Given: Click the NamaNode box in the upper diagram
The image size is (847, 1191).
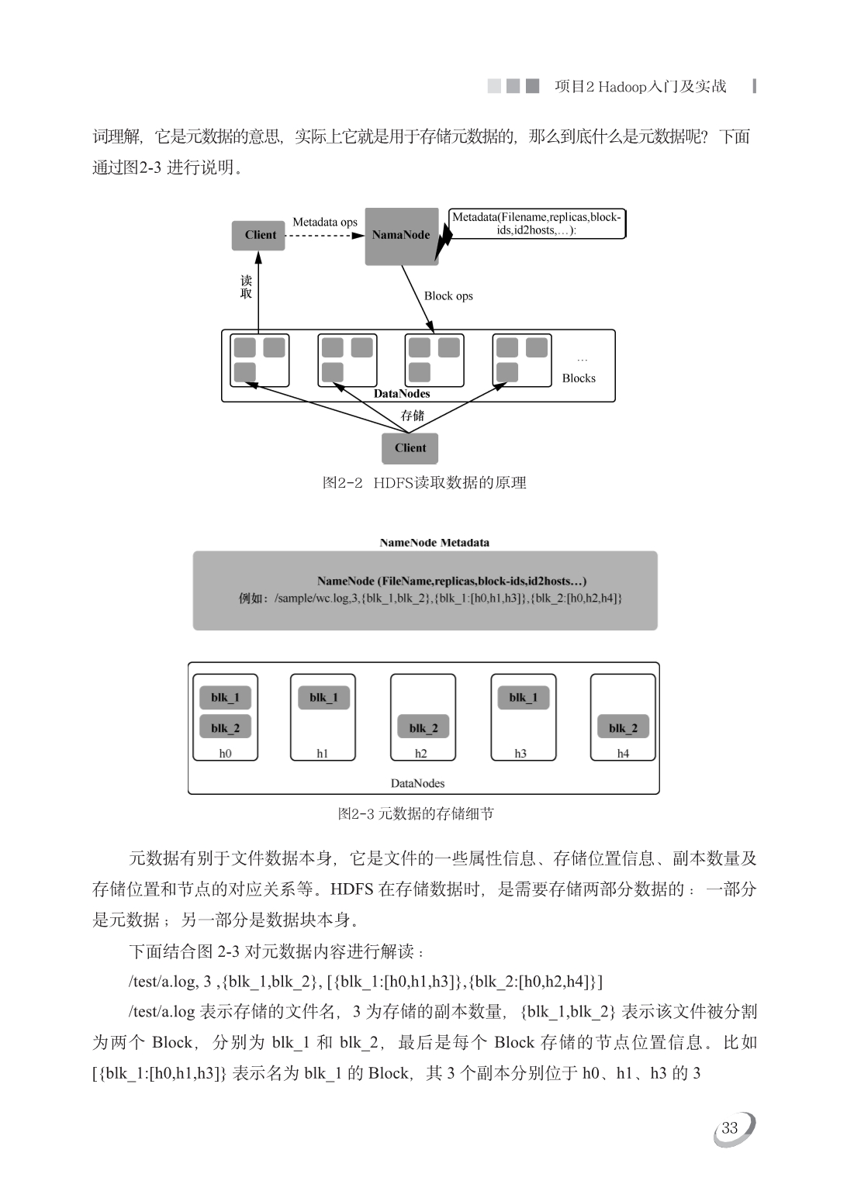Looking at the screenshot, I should pyautogui.click(x=401, y=236).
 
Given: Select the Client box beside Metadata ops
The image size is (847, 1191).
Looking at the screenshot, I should pyautogui.click(x=259, y=235).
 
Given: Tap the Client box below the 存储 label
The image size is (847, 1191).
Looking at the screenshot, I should pyautogui.click(x=410, y=448).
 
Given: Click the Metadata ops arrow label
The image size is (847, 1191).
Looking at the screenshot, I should pyautogui.click(x=325, y=223).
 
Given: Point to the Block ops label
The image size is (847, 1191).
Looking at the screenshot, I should pyautogui.click(x=448, y=295).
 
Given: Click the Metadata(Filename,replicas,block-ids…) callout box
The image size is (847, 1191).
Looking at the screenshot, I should pyautogui.click(x=537, y=223).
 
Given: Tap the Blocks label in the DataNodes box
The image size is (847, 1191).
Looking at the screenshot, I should pyautogui.click(x=579, y=378).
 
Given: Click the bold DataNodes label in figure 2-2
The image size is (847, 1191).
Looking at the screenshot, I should pyautogui.click(x=402, y=394).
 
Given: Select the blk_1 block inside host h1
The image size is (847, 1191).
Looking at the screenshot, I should pyautogui.click(x=323, y=698).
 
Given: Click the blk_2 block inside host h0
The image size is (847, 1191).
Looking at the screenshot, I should pyautogui.click(x=225, y=728).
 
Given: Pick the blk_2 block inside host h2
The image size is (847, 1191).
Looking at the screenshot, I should pyautogui.click(x=423, y=728).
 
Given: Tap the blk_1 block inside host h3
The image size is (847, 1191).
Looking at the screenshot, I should pyautogui.click(x=524, y=698).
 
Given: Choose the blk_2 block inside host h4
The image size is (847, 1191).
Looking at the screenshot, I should pyautogui.click(x=623, y=728).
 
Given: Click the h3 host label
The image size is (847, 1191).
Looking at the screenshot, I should pyautogui.click(x=520, y=754).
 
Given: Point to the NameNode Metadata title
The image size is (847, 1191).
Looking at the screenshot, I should pyautogui.click(x=434, y=543).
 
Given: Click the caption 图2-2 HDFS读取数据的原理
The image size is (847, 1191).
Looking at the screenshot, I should pyautogui.click(x=424, y=482).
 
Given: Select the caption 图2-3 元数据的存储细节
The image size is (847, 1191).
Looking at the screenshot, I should pyautogui.click(x=416, y=813).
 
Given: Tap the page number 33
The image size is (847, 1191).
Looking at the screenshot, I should pyautogui.click(x=730, y=1128).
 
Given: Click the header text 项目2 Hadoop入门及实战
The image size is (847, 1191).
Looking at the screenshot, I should pyautogui.click(x=641, y=87).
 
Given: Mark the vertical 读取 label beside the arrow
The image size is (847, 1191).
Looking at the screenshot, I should pyautogui.click(x=246, y=287).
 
